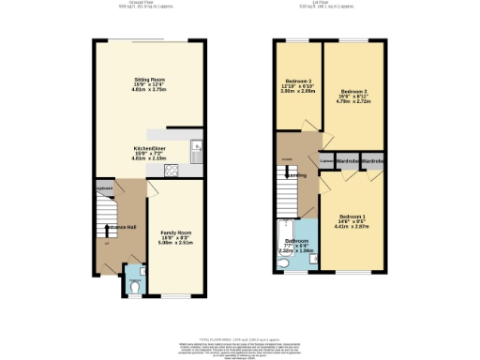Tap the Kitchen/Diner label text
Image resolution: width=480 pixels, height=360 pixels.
[145, 149]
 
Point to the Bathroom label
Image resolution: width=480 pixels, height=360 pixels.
[299, 240]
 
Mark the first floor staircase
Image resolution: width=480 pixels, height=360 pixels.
[288, 192]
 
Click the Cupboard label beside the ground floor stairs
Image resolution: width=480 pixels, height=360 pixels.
[103, 188]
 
